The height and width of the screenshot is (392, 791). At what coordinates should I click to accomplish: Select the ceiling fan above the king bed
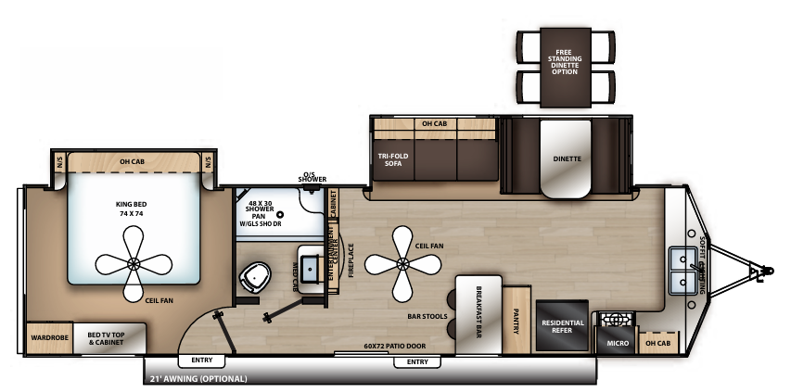click(x=134, y=264)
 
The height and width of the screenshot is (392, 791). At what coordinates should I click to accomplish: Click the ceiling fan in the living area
click(x=402, y=262)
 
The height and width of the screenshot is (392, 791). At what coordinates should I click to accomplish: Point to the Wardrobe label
click(x=45, y=336)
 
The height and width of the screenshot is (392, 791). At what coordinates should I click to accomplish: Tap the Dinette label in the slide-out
click(x=567, y=158)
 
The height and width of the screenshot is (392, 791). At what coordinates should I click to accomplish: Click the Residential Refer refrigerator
click(x=562, y=325)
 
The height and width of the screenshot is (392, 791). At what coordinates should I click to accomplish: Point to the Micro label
click(x=618, y=343)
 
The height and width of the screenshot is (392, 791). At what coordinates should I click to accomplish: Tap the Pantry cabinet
click(x=517, y=320)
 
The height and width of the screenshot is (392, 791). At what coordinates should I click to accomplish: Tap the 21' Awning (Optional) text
click(x=198, y=378)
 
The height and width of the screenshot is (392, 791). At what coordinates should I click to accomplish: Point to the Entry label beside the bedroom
click(x=201, y=360)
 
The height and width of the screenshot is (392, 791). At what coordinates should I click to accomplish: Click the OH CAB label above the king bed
click(x=133, y=162)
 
